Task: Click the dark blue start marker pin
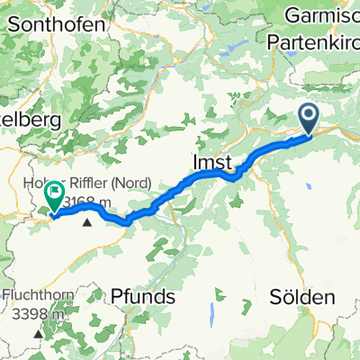[x=308, y=117]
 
